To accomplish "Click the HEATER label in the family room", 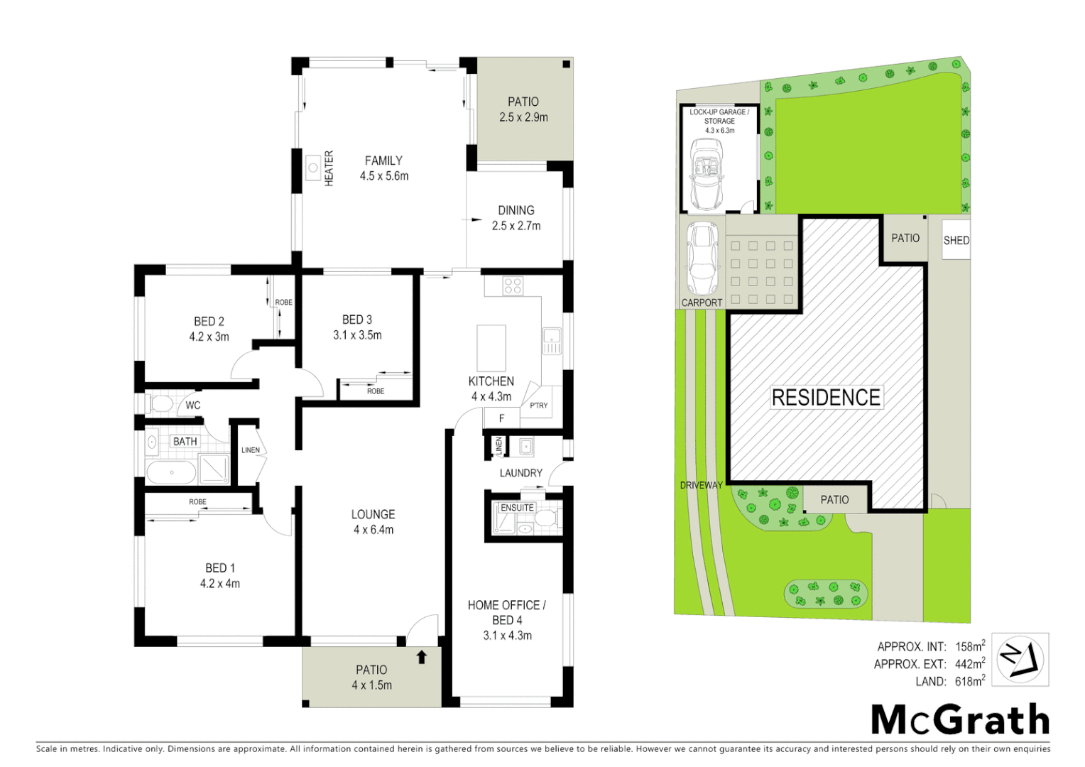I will tap(329, 168).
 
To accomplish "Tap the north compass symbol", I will tap(1020, 660).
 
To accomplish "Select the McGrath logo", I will tap(960, 720).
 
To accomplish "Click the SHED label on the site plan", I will tap(956, 240).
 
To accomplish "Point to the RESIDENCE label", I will tap(826, 398).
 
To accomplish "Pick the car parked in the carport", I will tap(702, 259).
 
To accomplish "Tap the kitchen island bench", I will tap(491, 348).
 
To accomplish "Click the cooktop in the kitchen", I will tap(513, 286).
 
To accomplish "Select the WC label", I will tap(193, 406).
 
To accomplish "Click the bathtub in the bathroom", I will tap(171, 473).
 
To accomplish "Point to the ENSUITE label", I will tap(517, 508).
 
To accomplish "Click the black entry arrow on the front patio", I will tap(422, 657).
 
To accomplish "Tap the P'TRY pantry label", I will tap(539, 406).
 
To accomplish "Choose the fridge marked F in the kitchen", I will tap(501, 418).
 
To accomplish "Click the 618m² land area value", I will tap(969, 681).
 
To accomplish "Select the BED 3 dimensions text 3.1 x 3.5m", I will tap(357, 335).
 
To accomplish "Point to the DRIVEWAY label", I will tap(701, 485).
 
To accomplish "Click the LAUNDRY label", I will tap(520, 473).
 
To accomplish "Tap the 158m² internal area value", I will tap(969, 646).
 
